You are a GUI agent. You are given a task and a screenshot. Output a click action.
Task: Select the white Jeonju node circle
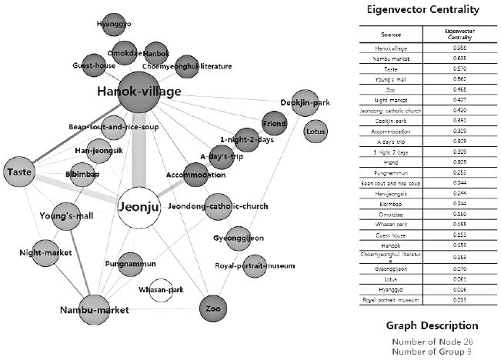pos(138,206)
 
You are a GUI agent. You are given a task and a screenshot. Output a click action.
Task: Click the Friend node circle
pos(274,123)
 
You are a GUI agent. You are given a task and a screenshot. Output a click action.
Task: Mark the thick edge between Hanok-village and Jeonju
pos(138,154)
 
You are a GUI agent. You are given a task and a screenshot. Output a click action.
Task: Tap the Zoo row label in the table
pos(396,87)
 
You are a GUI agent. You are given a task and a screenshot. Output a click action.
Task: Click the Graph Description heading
pos(432,325)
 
